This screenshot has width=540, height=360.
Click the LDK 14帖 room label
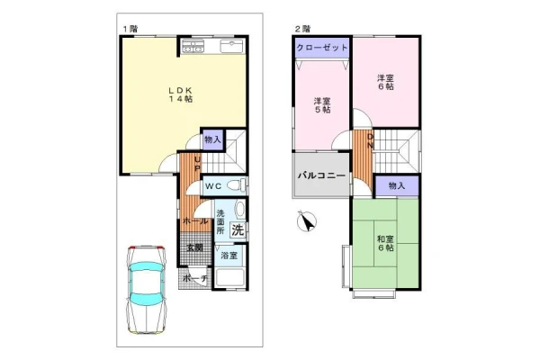point(180,94)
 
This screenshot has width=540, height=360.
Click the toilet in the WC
point(238,185)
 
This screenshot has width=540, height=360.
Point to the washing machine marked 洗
point(238,229)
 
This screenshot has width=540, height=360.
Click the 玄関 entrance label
point(194,247)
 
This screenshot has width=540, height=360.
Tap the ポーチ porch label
point(194,278)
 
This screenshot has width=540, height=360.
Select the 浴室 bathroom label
point(229,256)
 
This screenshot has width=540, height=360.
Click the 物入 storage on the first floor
point(212,139)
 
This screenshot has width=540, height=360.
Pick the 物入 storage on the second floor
point(397,186)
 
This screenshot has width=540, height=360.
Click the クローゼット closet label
point(322,48)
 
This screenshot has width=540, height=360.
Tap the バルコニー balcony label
point(321,175)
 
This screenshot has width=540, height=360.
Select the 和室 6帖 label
point(385,243)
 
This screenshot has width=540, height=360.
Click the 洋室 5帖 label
point(322,105)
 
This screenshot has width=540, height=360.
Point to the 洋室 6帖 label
point(385,82)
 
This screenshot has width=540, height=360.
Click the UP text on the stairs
point(198,164)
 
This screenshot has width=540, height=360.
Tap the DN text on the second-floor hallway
point(370,141)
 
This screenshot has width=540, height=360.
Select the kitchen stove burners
point(193,46)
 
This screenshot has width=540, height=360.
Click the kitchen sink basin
point(232,46)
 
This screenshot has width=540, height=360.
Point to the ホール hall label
point(195,221)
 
